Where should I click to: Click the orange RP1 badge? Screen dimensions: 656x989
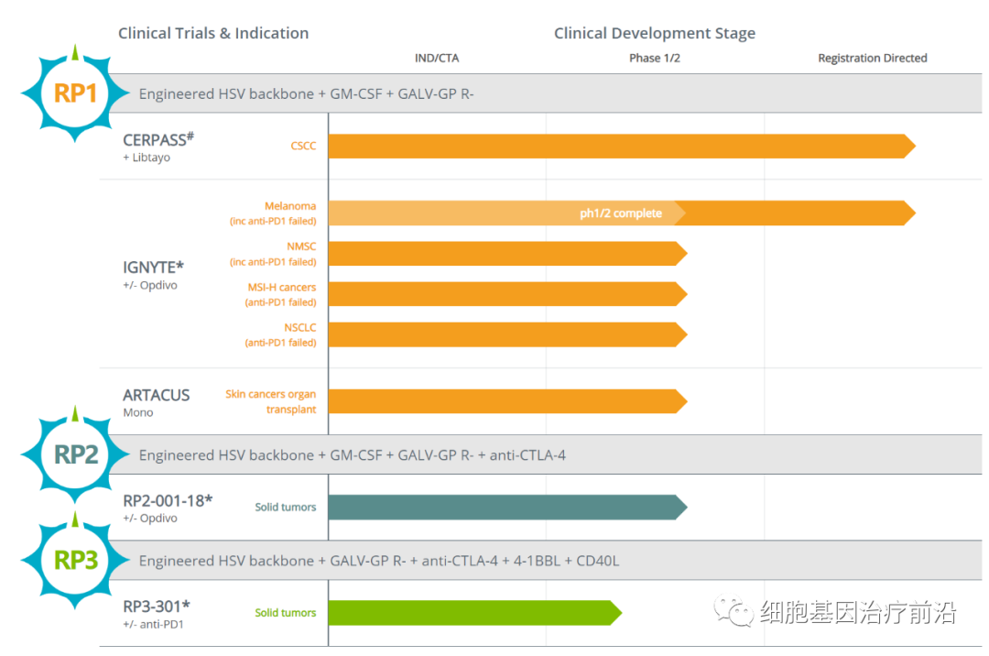point(76,93)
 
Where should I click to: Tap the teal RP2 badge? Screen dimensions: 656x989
point(76,454)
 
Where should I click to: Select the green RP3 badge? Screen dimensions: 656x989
point(76,560)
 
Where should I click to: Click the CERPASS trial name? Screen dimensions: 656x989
point(158,139)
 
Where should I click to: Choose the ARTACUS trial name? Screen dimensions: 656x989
point(157,395)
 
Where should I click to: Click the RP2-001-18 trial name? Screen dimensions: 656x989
point(168,500)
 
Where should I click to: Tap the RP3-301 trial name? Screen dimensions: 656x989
point(157,606)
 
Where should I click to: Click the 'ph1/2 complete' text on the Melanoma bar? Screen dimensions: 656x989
point(620,213)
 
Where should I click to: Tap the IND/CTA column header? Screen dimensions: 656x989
point(437,59)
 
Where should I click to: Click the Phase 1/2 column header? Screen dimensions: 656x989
point(655,59)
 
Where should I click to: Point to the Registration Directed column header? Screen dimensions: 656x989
point(872,59)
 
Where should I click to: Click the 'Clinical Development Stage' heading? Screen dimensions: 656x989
point(655,33)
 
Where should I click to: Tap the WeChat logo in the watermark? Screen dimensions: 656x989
point(735,610)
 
